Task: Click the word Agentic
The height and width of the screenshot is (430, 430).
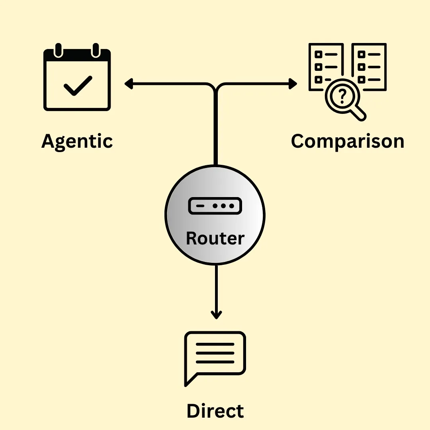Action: tap(77, 141)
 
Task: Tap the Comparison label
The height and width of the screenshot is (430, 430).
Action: tap(347, 141)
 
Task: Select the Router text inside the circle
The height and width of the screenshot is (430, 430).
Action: tap(215, 238)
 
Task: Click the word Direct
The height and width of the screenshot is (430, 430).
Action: tap(215, 411)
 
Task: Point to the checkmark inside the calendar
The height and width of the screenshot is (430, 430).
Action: tap(78, 85)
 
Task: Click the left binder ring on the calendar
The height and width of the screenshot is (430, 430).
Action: tap(59, 50)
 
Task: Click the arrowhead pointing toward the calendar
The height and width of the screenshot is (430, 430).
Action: tap(128, 84)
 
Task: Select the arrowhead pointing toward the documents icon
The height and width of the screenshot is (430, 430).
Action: tap(293, 84)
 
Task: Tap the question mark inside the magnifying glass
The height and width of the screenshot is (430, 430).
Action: tap(342, 95)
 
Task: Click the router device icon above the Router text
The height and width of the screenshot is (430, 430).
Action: tap(215, 206)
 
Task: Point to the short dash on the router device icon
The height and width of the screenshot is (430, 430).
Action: tap(201, 206)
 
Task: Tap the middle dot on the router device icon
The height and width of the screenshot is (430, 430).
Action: tap(224, 206)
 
